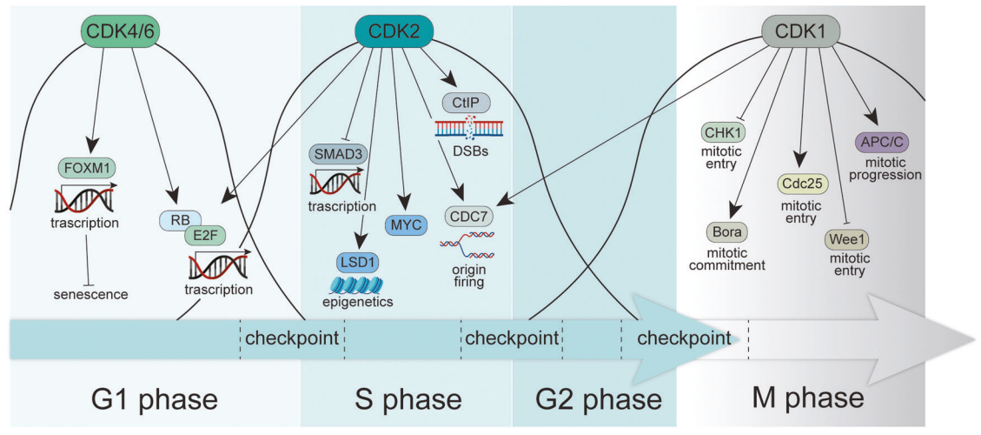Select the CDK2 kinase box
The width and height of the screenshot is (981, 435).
click(x=394, y=31)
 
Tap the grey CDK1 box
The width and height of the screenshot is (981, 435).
click(x=799, y=32)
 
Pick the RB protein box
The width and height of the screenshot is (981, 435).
click(x=178, y=220)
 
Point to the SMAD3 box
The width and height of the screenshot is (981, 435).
click(x=338, y=154)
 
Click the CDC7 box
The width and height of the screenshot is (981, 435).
click(x=470, y=214)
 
